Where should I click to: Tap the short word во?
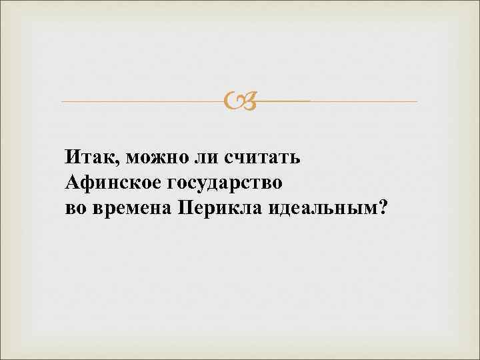click(75, 207)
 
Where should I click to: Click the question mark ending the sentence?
click(381, 207)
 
